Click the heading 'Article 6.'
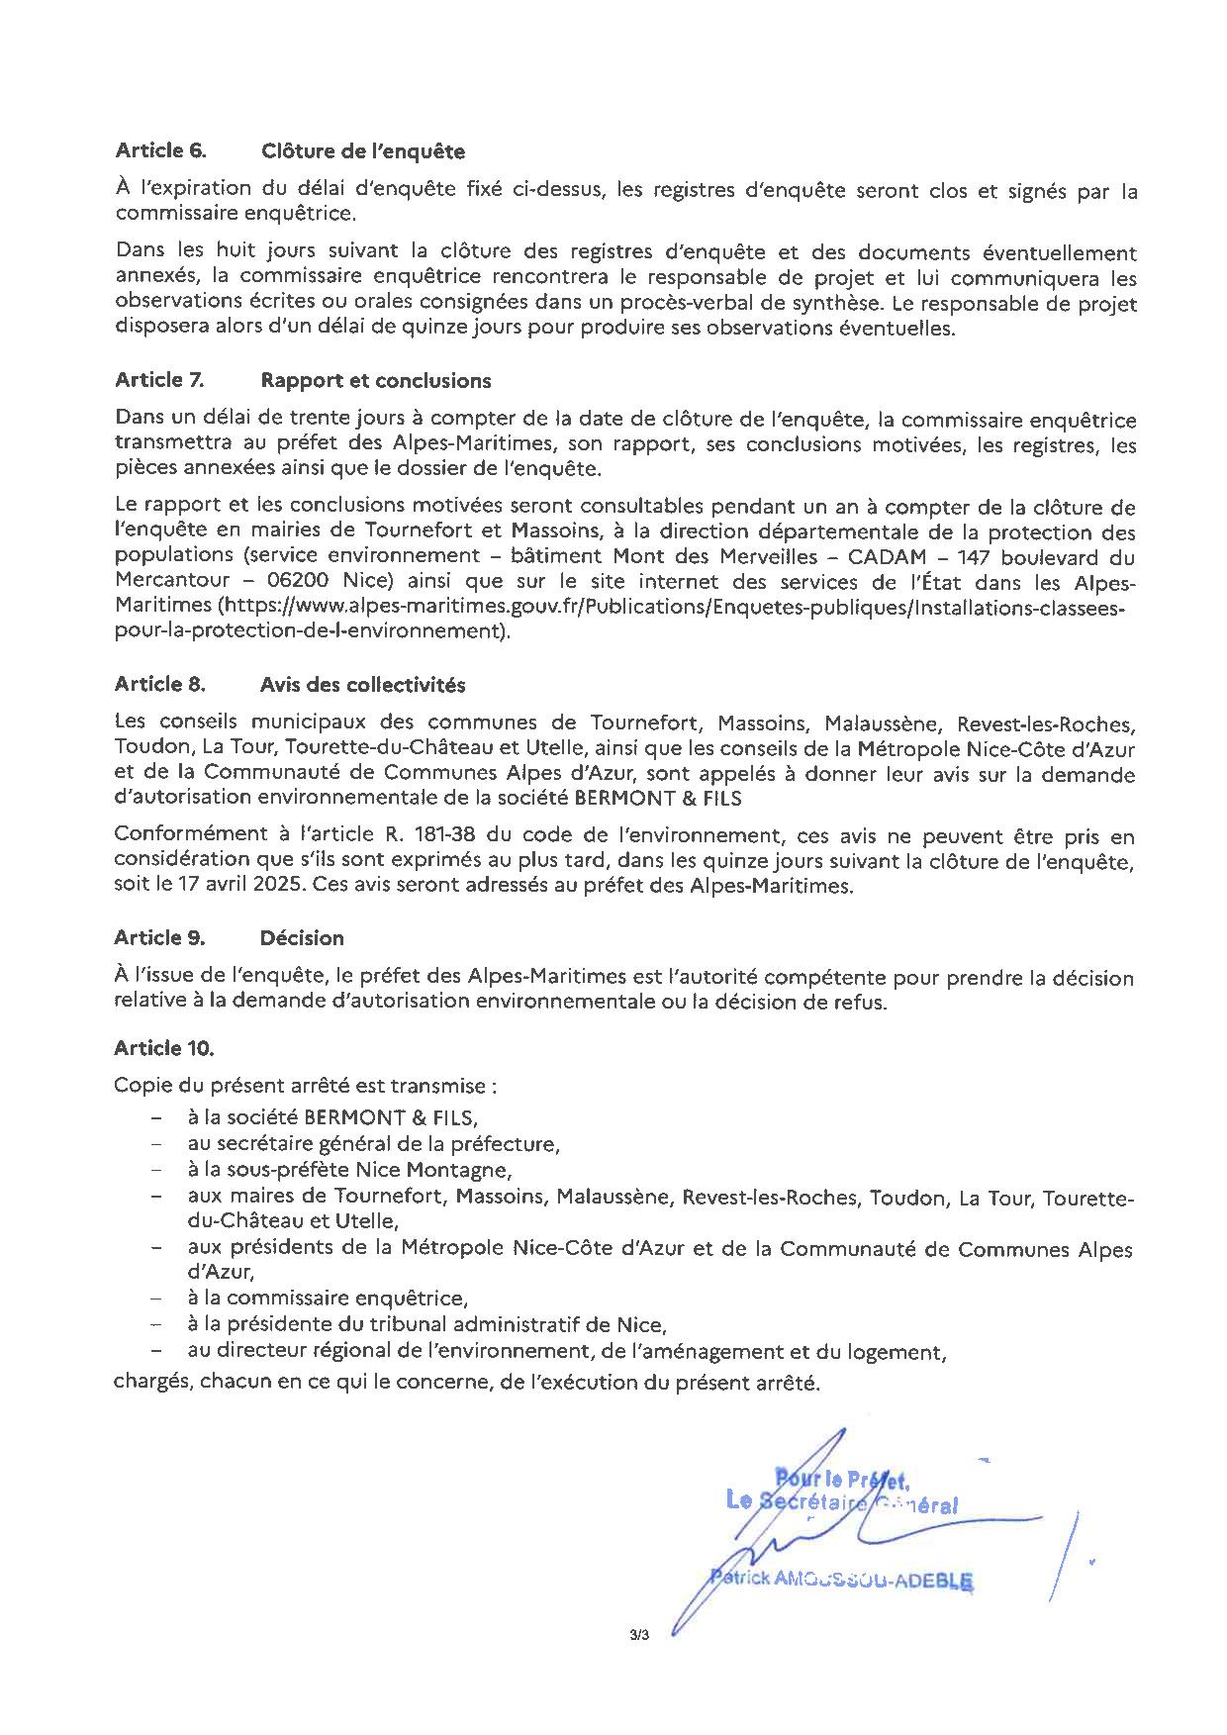tap(160, 151)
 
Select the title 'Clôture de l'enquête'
tap(362, 151)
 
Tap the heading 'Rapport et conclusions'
tap(375, 381)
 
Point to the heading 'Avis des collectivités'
tap(362, 685)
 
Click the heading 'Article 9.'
tap(159, 938)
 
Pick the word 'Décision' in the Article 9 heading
tap(302, 938)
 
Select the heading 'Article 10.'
tap(163, 1048)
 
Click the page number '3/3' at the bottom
tap(637, 1636)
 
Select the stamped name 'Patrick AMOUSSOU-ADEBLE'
tap(841, 1580)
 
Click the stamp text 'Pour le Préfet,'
tap(841, 1481)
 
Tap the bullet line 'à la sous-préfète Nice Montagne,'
tap(349, 1171)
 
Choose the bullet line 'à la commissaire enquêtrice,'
tap(328, 1298)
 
